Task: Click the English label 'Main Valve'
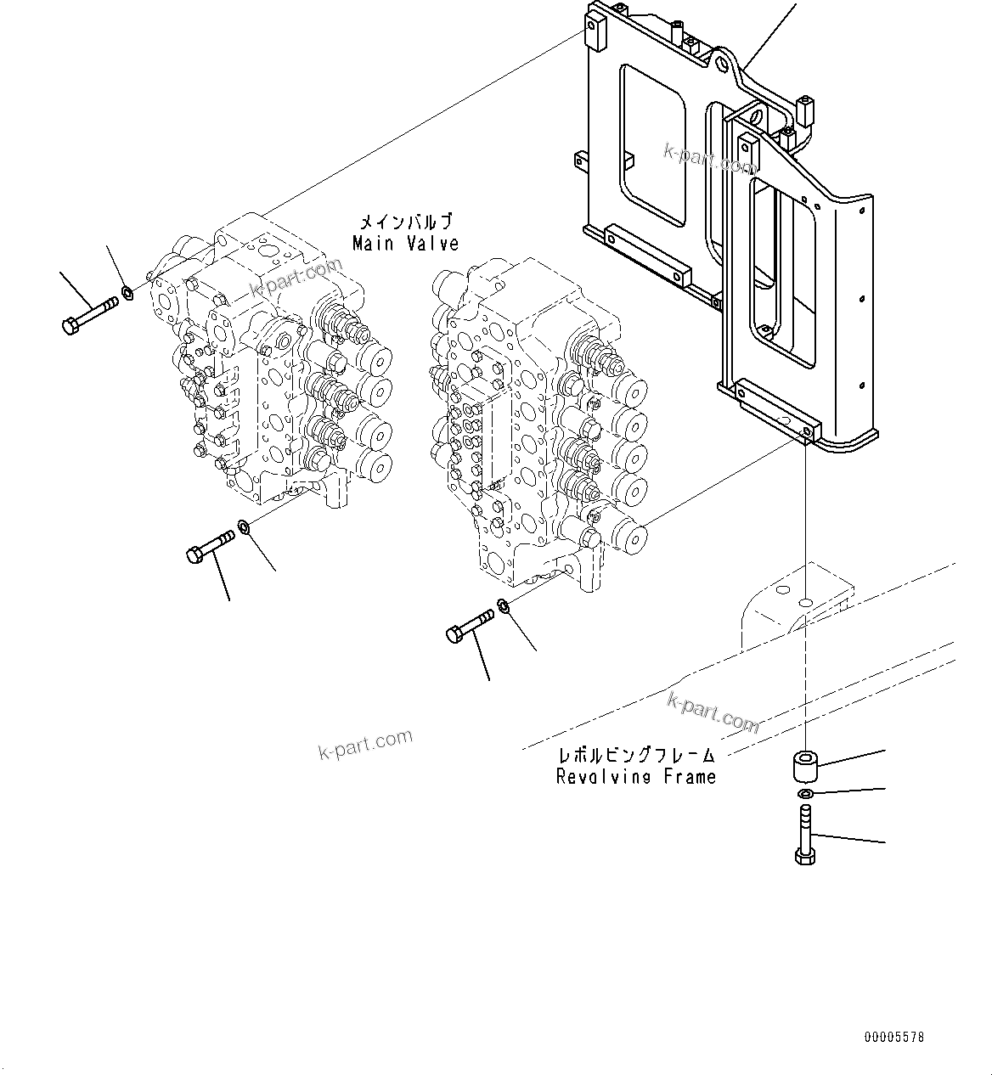(405, 244)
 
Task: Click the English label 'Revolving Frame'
(636, 776)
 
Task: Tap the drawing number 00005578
(893, 1037)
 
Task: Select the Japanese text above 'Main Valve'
(405, 222)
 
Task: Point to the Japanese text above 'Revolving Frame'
(636, 755)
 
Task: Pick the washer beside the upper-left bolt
(127, 294)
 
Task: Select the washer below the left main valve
(244, 529)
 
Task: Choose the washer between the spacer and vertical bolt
(803, 793)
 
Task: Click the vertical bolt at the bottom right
(804, 836)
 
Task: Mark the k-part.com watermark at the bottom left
(365, 745)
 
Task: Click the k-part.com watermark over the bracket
(709, 158)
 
